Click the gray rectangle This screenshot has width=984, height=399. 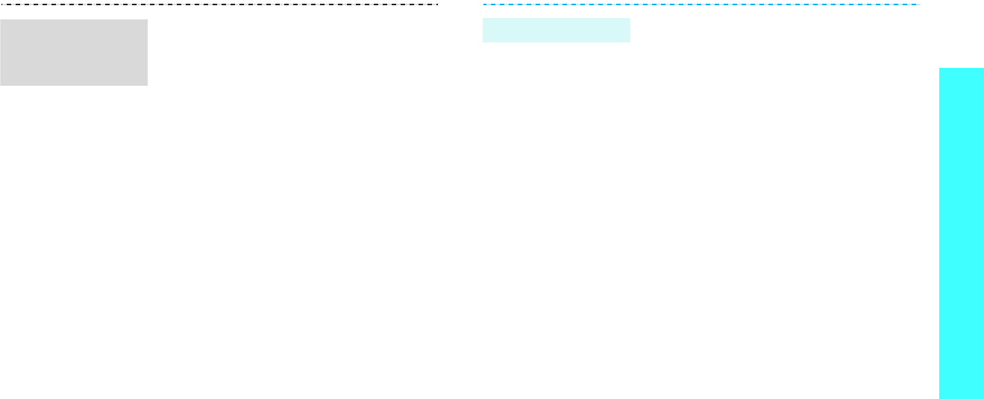(74, 52)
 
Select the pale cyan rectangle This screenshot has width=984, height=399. (557, 30)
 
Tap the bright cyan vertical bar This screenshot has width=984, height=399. (962, 233)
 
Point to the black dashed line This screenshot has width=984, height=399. (219, 4)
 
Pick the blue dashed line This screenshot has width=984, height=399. (701, 4)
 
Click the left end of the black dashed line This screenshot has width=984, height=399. (1, 4)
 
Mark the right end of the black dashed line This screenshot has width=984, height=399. (437, 4)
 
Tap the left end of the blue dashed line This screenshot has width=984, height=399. (483, 4)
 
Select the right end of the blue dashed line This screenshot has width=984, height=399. (919, 4)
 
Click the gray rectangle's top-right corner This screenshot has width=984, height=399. (147, 19)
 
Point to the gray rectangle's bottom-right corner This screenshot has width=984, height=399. (147, 85)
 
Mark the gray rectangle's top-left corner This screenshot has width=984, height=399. (1, 19)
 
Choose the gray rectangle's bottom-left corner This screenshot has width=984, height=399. (1, 85)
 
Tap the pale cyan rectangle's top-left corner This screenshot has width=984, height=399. (483, 19)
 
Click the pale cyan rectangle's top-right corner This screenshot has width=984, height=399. (630, 19)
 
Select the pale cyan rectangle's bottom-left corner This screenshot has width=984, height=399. (483, 42)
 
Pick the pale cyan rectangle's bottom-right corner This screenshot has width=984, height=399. (630, 42)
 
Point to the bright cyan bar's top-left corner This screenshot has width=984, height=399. (940, 69)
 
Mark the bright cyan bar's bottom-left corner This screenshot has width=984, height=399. (940, 398)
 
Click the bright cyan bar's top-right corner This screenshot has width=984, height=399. (983, 69)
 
